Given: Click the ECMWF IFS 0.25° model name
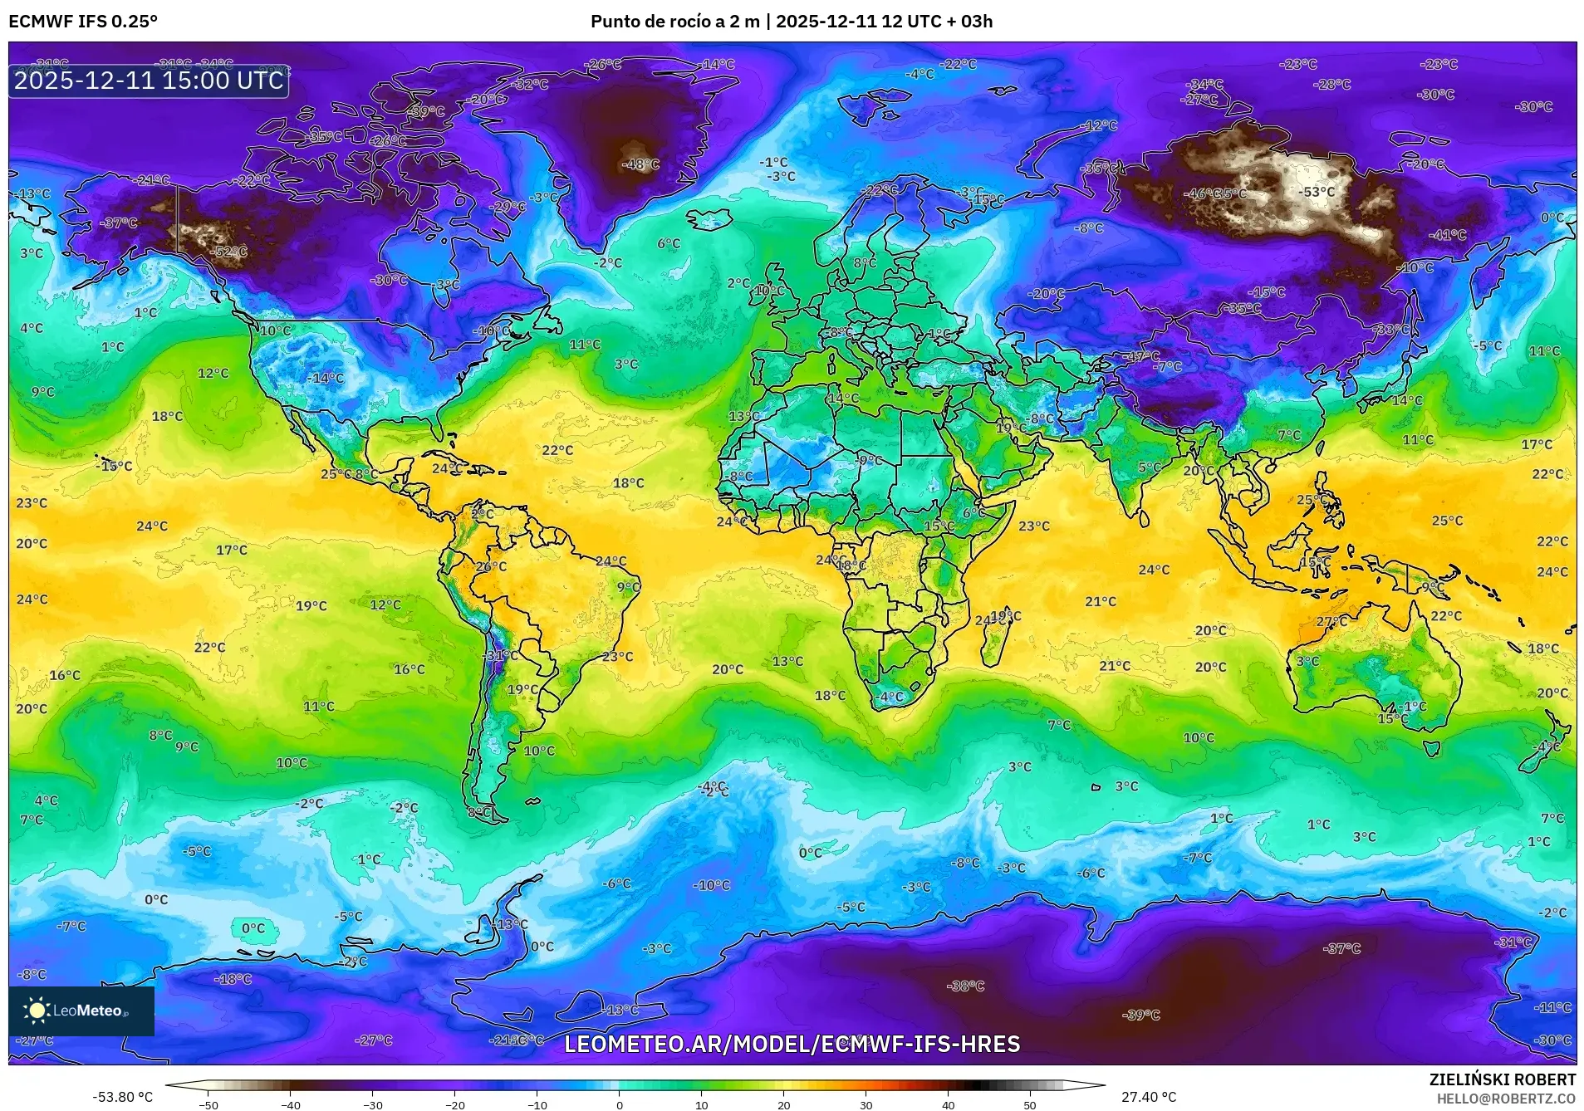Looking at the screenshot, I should [x=83, y=22].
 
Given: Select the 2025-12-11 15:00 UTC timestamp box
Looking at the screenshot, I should [x=149, y=81].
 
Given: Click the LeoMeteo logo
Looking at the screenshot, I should [x=81, y=1011].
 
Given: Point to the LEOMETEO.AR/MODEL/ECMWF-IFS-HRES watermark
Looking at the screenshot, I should [x=792, y=1044].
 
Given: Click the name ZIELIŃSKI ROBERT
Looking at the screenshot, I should [x=1502, y=1079].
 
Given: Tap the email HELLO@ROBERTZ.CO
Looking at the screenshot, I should [x=1506, y=1098].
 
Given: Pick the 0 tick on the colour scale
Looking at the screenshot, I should [x=619, y=1104].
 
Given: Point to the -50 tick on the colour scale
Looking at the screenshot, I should [x=208, y=1104].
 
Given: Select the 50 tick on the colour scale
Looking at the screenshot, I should [x=1030, y=1104].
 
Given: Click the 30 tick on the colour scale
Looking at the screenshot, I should [x=866, y=1104].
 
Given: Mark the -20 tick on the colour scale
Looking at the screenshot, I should [x=454, y=1104].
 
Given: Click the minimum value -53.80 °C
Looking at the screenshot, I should [x=123, y=1097].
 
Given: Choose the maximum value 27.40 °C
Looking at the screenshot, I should [x=1149, y=1097].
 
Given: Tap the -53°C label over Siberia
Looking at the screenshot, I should [x=1317, y=192].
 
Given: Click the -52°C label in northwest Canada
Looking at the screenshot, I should [x=230, y=252].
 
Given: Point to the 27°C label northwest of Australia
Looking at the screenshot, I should [x=1331, y=621].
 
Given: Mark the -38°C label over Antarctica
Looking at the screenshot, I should [x=965, y=986].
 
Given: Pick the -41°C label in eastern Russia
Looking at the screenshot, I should [x=1447, y=235].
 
